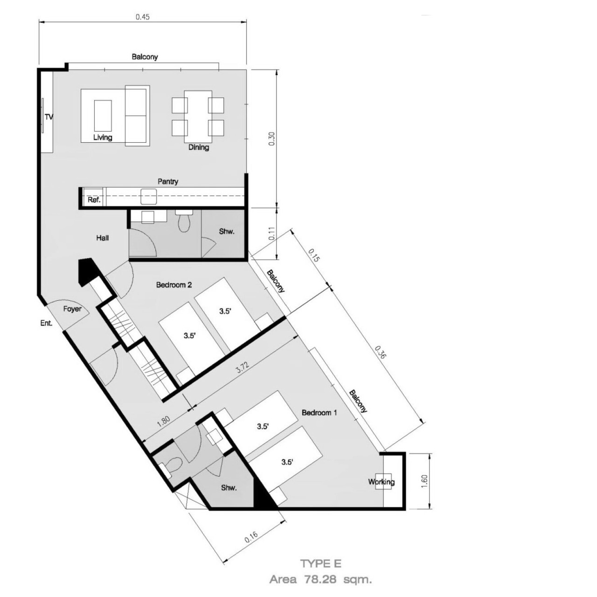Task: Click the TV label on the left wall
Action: pos(49,117)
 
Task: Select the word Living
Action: pos(103,137)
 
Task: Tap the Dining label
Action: pos(199,147)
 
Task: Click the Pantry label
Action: pos(168,181)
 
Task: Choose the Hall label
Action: pos(102,238)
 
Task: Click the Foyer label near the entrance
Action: pos(72,309)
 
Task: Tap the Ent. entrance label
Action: pos(46,323)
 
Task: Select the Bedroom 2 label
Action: pos(174,285)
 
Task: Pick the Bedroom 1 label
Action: pos(319,413)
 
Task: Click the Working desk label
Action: pos(382,482)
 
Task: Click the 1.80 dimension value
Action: pos(164,422)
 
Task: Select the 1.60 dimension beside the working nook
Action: pos(424,481)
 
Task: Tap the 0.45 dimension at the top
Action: pos(143,17)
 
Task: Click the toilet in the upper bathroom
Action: pos(184,221)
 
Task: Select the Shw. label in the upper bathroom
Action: pos(227,231)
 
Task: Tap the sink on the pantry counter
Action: pos(149,196)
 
